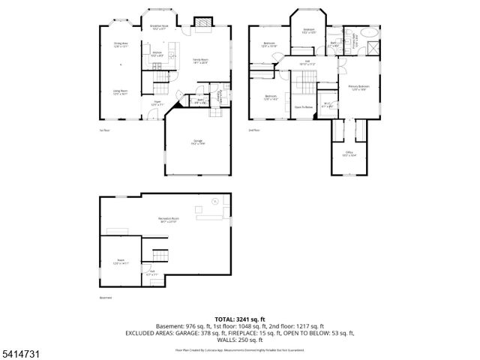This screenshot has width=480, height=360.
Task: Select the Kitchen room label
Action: (157, 54)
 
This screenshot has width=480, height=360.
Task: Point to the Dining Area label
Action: (120, 45)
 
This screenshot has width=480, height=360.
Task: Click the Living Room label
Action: (120, 93)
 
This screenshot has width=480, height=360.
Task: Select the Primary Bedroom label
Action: (358, 88)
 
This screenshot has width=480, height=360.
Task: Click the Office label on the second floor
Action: (349, 154)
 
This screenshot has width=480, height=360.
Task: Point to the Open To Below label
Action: (303, 107)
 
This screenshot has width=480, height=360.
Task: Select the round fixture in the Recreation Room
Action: (214, 201)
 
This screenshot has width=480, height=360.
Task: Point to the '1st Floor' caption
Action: (105, 130)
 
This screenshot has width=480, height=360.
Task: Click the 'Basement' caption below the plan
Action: (106, 298)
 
